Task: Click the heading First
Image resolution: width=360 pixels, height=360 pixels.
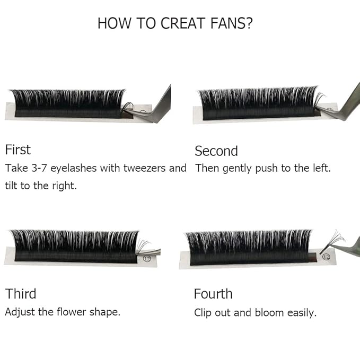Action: (17, 150)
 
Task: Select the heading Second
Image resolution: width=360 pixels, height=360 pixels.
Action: (216, 151)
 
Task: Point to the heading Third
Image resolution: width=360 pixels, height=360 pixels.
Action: (21, 294)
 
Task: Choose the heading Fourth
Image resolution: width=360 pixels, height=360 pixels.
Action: (213, 294)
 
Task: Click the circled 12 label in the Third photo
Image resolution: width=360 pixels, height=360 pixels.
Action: (148, 259)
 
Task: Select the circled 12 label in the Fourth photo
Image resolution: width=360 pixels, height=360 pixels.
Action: (326, 257)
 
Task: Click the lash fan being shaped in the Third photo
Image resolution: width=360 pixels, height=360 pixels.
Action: (143, 245)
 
